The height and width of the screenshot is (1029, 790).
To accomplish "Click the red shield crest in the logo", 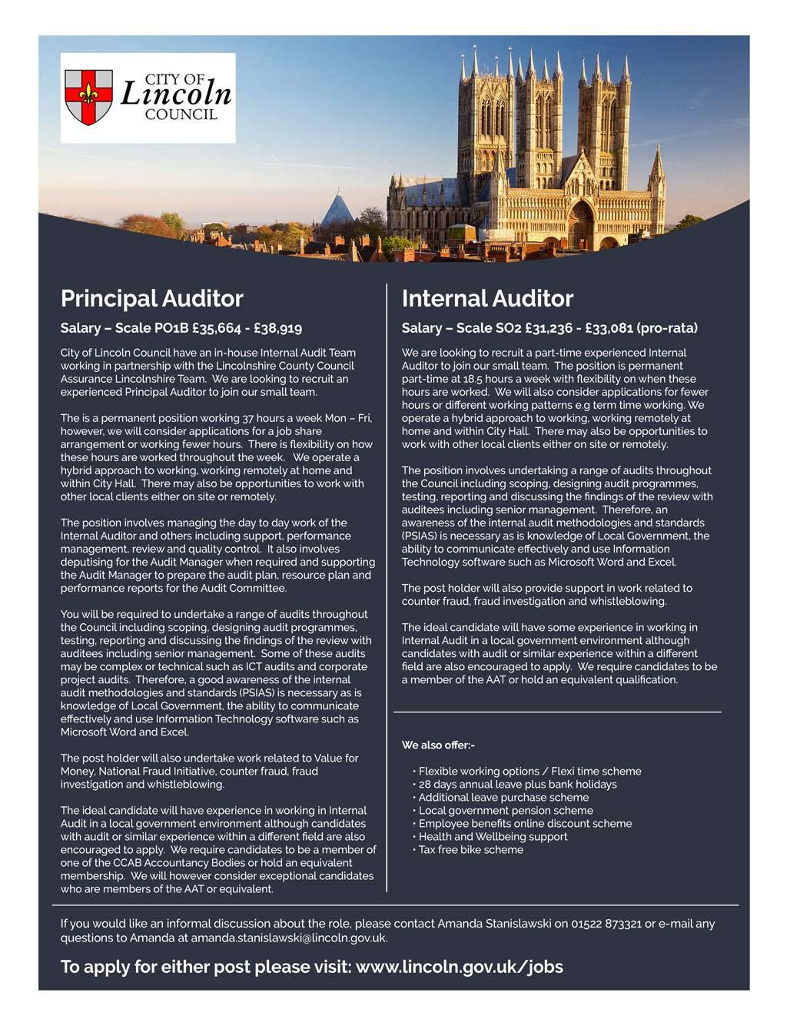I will click(x=88, y=98).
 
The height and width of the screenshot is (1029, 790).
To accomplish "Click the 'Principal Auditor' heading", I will click(x=151, y=298).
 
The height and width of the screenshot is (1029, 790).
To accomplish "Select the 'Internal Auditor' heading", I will click(x=487, y=298).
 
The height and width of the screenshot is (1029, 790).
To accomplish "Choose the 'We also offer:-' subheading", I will click(x=438, y=745).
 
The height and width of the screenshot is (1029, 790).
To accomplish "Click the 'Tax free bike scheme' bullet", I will click(x=471, y=849).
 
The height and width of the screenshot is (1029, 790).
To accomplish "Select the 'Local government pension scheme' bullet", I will click(x=506, y=810).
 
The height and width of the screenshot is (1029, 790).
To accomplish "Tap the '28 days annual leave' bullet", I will click(x=517, y=784).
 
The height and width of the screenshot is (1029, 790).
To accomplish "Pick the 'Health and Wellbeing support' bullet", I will click(x=493, y=836).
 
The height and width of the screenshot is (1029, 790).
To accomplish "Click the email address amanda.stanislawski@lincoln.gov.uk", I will click(x=288, y=938).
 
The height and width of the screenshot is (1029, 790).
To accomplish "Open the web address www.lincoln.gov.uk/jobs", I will click(x=459, y=967).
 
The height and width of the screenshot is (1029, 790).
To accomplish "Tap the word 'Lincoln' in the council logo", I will click(x=176, y=95).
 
